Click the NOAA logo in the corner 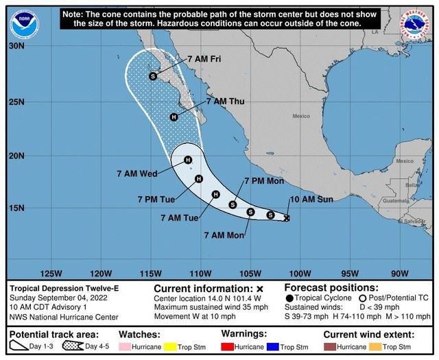point(23,23)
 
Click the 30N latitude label point(16,46)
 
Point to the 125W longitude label point(51,272)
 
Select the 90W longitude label point(400,272)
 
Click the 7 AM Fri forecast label point(204,58)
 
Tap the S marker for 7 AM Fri point(153,76)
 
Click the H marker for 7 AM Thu point(174,117)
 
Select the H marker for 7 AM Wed point(188,160)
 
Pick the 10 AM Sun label point(311,199)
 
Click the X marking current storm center point(287,218)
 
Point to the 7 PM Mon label point(264,181)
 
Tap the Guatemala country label point(396,200)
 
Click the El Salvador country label point(412,221)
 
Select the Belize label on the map point(412,185)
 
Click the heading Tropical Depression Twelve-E point(64,288)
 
